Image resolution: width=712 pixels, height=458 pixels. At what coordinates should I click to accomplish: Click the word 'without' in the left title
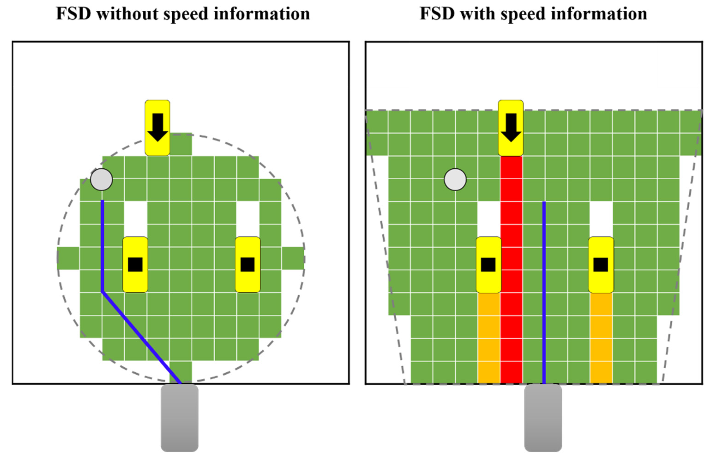click(x=128, y=14)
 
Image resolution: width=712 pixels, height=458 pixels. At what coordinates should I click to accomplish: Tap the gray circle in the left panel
click(x=101, y=179)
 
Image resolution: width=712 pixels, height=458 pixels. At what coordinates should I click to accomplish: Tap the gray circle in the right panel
click(x=455, y=179)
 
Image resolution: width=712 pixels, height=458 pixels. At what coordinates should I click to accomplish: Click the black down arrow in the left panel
click(x=158, y=127)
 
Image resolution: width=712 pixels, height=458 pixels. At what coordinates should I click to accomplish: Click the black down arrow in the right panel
click(x=511, y=127)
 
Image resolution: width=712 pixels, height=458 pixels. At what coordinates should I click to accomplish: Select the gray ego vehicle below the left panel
click(x=179, y=418)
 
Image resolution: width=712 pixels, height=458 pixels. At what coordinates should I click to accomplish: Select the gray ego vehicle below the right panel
click(x=543, y=418)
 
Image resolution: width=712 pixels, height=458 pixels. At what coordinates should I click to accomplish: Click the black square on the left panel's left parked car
click(x=135, y=264)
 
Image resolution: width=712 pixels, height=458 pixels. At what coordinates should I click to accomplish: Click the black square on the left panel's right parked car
click(x=247, y=264)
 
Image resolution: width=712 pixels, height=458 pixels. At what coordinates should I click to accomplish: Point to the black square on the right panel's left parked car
click(x=488, y=264)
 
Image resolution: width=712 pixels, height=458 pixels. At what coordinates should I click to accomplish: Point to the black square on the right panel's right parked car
click(x=601, y=264)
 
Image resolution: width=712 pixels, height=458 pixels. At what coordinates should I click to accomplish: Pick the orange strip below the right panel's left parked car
click(x=489, y=337)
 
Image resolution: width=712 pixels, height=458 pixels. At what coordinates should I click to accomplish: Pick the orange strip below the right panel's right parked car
click(x=601, y=337)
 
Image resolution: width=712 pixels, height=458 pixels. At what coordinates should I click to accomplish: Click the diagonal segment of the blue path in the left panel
click(x=141, y=337)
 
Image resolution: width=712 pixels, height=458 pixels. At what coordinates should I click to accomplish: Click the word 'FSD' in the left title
click(x=73, y=14)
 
